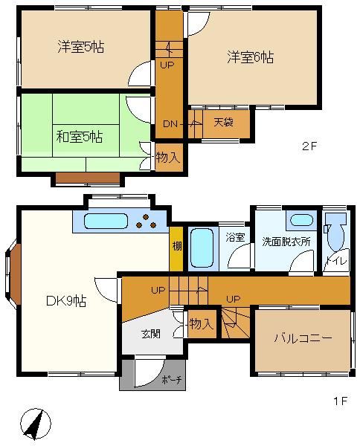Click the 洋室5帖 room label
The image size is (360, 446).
(81, 47)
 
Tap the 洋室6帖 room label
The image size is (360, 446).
(251, 57)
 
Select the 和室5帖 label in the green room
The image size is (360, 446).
(80, 137)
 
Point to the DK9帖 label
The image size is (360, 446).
(66, 300)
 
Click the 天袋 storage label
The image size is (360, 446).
(223, 123)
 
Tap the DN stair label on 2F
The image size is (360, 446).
(170, 124)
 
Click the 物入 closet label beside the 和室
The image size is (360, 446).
(168, 157)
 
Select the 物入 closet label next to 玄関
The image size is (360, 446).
(202, 323)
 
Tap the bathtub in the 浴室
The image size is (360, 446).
(202, 248)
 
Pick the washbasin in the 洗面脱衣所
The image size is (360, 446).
(301, 220)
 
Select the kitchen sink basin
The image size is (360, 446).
(106, 221)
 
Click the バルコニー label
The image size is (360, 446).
(303, 338)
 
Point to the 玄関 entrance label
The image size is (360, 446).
(151, 334)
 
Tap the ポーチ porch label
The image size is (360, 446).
(171, 379)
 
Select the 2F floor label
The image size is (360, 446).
(309, 146)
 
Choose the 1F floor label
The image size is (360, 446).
(341, 401)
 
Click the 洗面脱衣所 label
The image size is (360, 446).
(286, 242)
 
